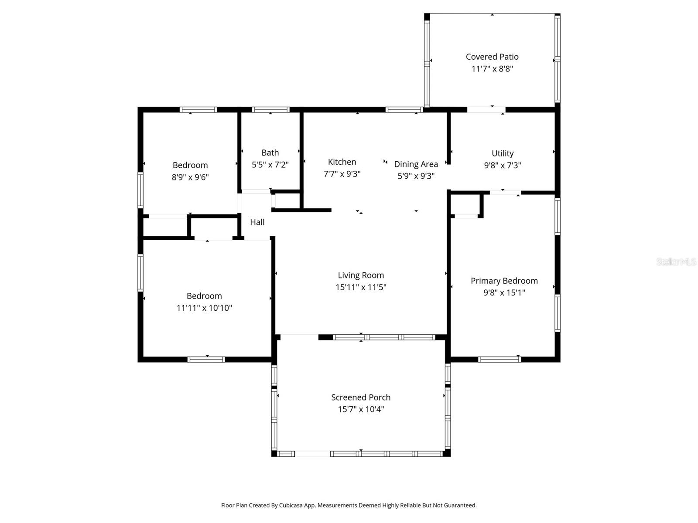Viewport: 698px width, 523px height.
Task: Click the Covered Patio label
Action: pyautogui.click(x=492, y=57)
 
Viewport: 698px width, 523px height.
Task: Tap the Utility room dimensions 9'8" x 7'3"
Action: pyautogui.click(x=503, y=165)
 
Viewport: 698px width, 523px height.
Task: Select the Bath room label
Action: pyautogui.click(x=270, y=153)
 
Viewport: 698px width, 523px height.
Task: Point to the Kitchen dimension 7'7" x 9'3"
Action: pyautogui.click(x=342, y=174)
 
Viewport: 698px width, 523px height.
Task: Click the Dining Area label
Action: pyautogui.click(x=416, y=164)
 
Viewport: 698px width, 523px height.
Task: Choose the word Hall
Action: pyautogui.click(x=257, y=222)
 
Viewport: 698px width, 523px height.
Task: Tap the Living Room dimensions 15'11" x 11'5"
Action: pyautogui.click(x=361, y=287)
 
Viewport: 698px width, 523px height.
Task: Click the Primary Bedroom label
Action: pyautogui.click(x=504, y=281)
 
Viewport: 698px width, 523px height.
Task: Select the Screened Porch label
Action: pyautogui.click(x=361, y=397)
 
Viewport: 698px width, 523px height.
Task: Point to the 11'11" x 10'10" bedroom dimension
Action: pyautogui.click(x=204, y=308)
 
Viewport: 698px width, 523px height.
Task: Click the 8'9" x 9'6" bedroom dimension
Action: pyautogui.click(x=190, y=177)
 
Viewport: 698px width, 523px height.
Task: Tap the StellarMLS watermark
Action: pyautogui.click(x=676, y=261)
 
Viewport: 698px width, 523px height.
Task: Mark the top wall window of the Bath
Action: pyautogui.click(x=270, y=110)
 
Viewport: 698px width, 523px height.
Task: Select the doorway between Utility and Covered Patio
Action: pyautogui.click(x=486, y=110)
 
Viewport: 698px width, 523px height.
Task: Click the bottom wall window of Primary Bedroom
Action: pyautogui.click(x=500, y=360)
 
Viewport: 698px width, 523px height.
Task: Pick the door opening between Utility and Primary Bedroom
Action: pyautogui.click(x=505, y=193)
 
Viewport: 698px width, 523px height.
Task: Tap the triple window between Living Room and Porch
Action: pyautogui.click(x=384, y=337)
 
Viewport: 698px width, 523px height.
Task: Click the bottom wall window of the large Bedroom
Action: pyautogui.click(x=206, y=360)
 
